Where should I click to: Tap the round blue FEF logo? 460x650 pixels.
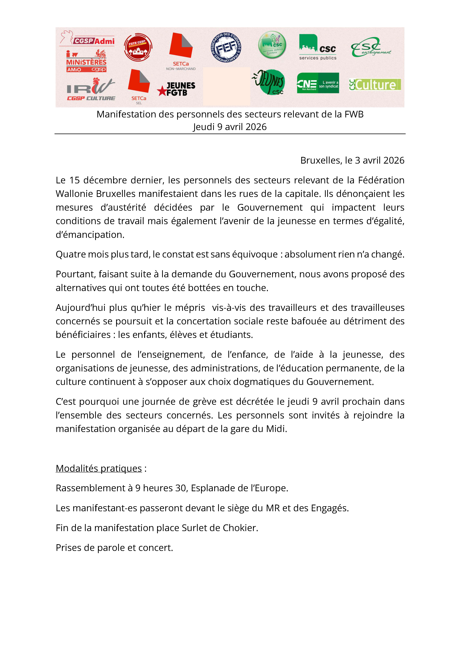[x=226, y=47]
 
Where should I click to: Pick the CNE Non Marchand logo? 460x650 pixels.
[x=318, y=83]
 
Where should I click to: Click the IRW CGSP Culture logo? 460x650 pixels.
[x=91, y=89]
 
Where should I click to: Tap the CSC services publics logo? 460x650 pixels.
[x=318, y=47]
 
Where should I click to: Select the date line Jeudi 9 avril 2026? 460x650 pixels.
[x=230, y=127]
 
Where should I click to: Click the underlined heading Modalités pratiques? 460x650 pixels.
[x=99, y=468]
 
